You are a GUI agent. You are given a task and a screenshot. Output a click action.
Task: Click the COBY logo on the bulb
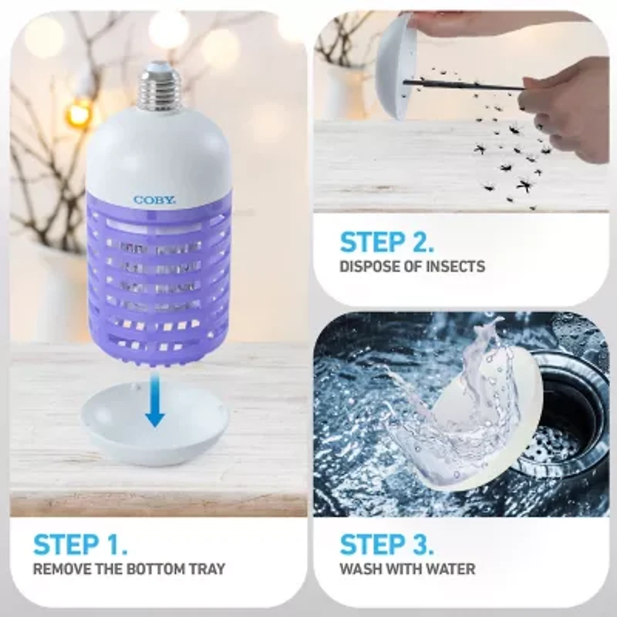[x=155, y=200]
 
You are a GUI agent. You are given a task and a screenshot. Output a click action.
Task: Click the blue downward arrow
[x=155, y=400]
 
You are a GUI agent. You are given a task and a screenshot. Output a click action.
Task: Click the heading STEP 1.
[x=80, y=545]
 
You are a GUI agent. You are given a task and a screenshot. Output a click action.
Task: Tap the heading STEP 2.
[x=387, y=242]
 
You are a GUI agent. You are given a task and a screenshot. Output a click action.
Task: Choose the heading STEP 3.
[x=387, y=545]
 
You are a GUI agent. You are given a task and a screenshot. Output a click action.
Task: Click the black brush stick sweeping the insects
[x=464, y=85]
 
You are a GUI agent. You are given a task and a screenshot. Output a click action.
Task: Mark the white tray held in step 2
[x=394, y=67]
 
